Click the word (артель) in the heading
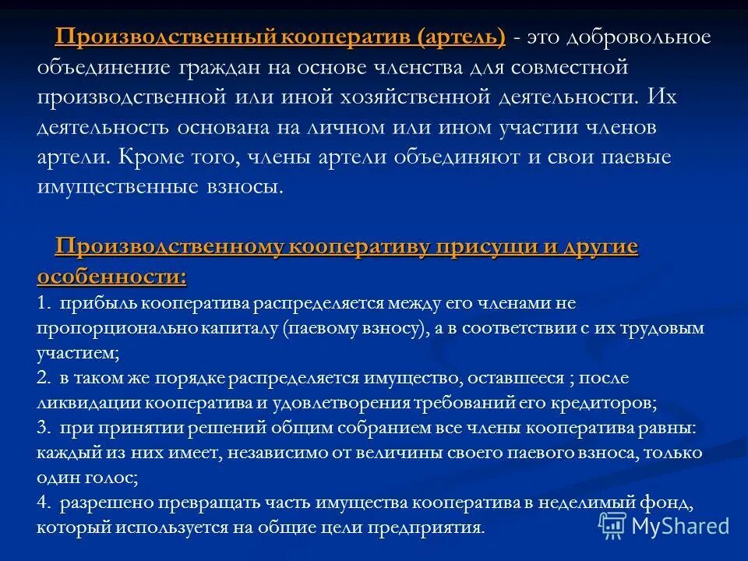pyautogui.click(x=461, y=37)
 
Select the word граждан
pyautogui.click(x=222, y=67)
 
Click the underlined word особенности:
pyautogui.click(x=111, y=277)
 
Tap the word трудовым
pyautogui.click(x=662, y=328)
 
